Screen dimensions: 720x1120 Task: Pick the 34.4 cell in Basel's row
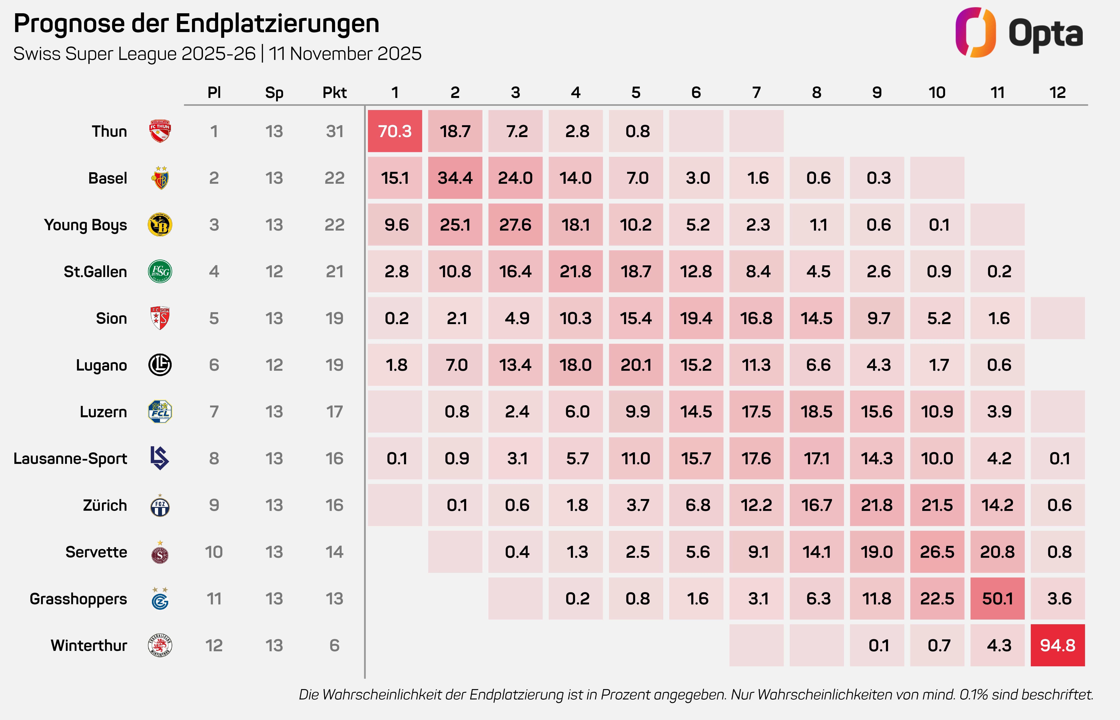pyautogui.click(x=455, y=178)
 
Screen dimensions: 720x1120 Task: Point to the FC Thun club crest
pyautogui.click(x=160, y=131)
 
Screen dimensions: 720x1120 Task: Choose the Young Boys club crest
pyautogui.click(x=160, y=225)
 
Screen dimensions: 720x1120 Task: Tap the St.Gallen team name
pyautogui.click(x=95, y=272)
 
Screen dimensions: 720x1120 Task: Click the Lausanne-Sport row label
pyautogui.click(x=70, y=459)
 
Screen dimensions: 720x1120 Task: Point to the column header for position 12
pyautogui.click(x=1057, y=93)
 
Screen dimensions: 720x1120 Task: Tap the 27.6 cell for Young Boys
pyautogui.click(x=515, y=225)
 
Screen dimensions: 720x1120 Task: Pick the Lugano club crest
pyautogui.click(x=160, y=365)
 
